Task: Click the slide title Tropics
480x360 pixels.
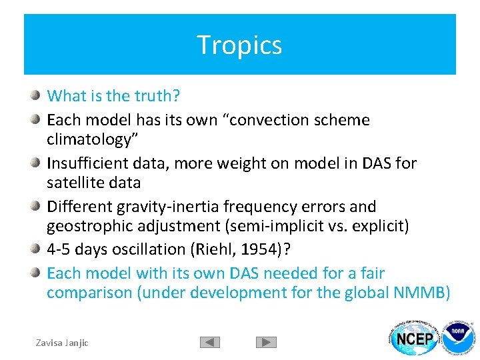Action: click(x=239, y=45)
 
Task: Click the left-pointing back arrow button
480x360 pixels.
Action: click(x=210, y=342)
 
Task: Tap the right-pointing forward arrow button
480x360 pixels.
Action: click(x=266, y=342)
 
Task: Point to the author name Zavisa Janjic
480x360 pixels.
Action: click(x=62, y=342)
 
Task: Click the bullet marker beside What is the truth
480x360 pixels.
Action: click(x=35, y=95)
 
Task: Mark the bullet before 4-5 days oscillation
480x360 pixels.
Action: click(x=35, y=248)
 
